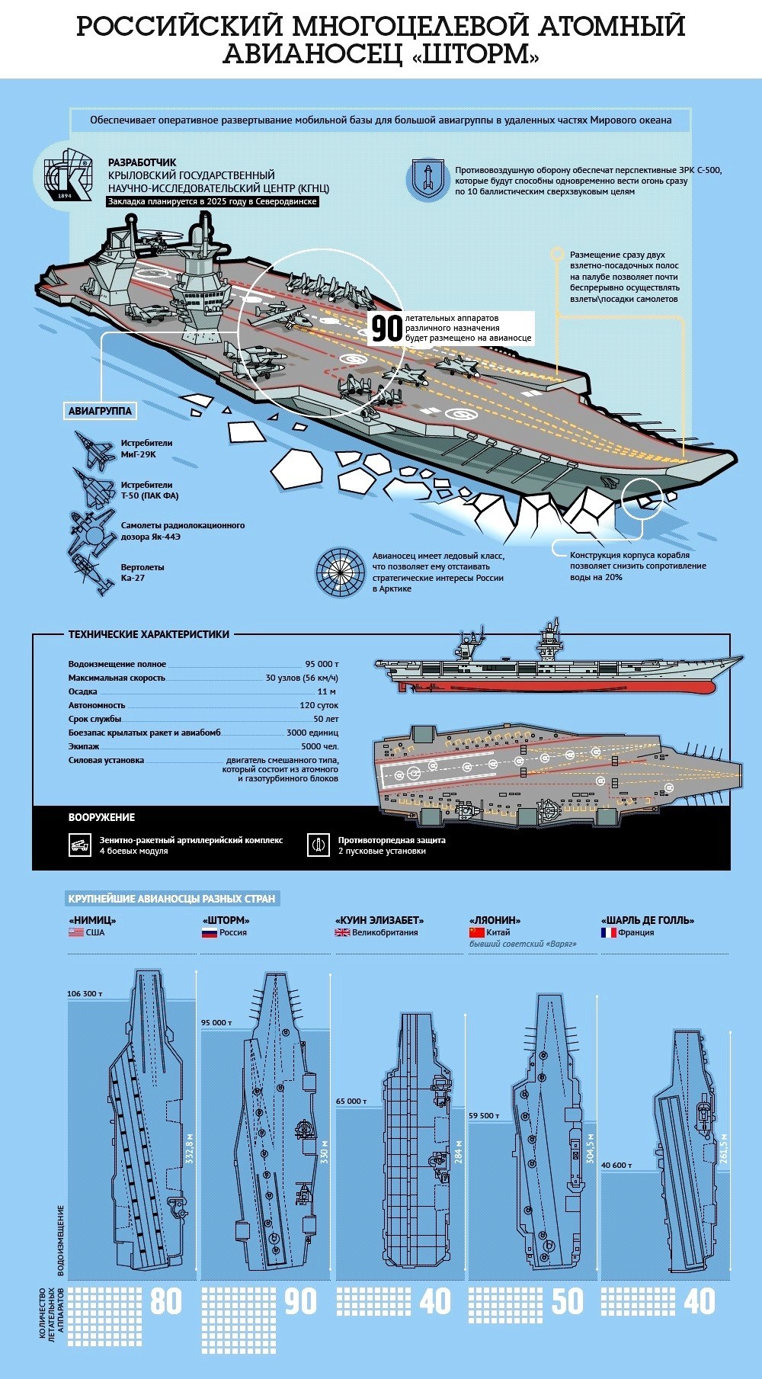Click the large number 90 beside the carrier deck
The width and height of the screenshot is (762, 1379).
tap(386, 329)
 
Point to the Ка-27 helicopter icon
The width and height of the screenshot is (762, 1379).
tap(90, 572)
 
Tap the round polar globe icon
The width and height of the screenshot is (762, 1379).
tap(338, 571)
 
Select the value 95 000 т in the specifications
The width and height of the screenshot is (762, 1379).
tap(322, 664)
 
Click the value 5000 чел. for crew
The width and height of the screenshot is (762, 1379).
tap(320, 746)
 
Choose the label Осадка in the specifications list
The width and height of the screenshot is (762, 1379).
tap(83, 691)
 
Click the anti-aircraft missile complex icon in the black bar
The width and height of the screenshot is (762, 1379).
tap(80, 845)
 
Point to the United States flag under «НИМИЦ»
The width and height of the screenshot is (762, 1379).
tap(75, 932)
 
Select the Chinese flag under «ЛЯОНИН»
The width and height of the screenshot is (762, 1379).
tap(476, 932)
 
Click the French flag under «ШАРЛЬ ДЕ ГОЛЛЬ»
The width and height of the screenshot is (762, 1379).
tap(608, 932)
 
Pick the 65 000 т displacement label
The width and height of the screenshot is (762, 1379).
tap(352, 1102)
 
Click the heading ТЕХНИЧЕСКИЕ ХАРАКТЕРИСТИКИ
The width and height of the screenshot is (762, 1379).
tap(149, 634)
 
